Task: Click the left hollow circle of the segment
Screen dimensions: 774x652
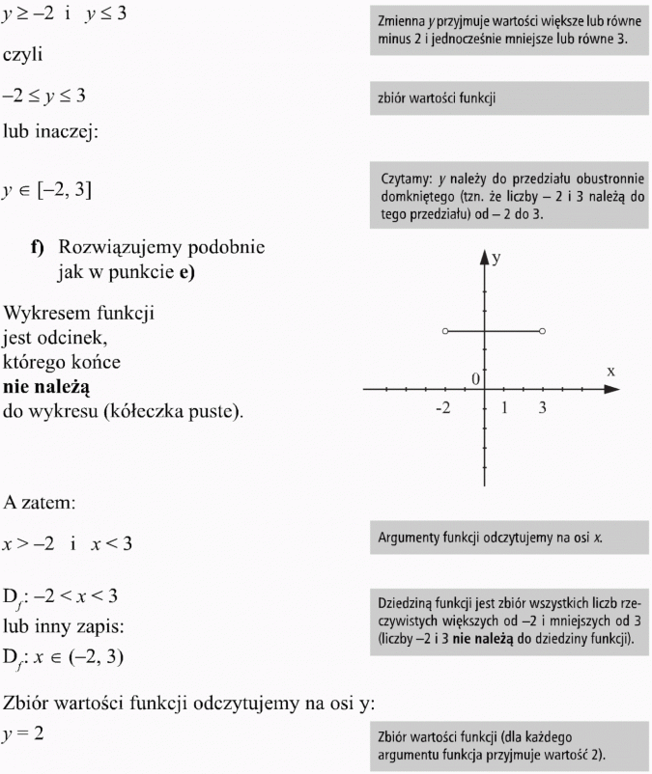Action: [x=444, y=331]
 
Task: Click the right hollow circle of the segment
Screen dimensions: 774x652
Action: [x=543, y=331]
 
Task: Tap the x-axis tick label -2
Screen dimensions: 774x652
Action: [x=442, y=408]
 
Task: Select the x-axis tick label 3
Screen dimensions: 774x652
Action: [x=543, y=408]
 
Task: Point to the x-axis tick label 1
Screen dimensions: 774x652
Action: [x=504, y=408]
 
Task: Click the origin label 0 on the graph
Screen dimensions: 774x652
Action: [x=475, y=377]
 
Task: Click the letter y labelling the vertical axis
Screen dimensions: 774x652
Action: [x=496, y=259]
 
